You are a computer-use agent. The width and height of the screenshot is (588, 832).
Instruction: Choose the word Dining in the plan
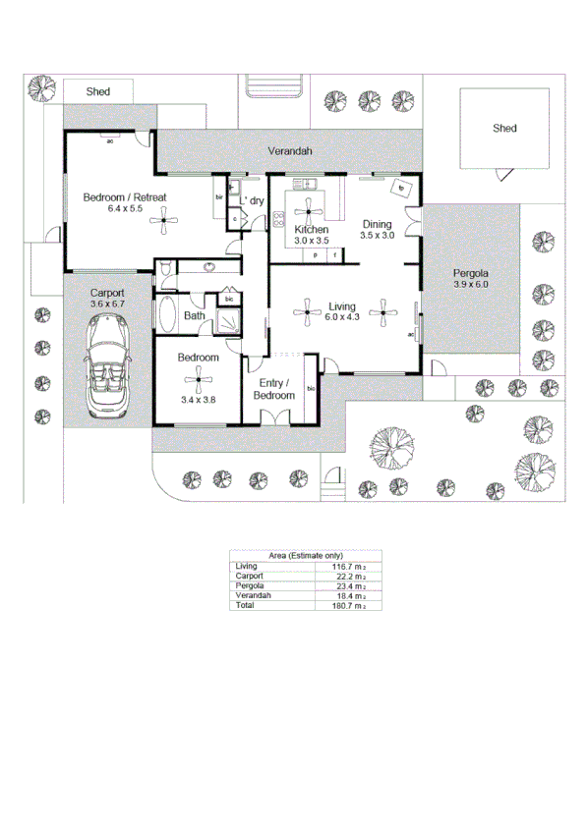pos(377,223)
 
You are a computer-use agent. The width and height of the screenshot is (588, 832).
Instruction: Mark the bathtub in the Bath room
pos(167,317)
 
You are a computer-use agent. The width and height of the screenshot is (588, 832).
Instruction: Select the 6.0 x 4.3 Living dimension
pos(342,316)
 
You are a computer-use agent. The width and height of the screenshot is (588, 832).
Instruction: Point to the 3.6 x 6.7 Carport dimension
pos(107,305)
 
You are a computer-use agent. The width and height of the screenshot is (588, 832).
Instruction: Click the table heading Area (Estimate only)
pos(305,556)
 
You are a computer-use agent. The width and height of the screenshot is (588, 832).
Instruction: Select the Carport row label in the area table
pos(250,577)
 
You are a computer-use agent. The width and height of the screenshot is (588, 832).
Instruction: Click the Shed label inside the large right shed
pos(504,129)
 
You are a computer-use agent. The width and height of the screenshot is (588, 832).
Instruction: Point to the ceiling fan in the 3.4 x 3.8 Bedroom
pos(198,379)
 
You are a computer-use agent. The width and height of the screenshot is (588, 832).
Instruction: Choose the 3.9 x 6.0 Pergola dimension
pos(471,285)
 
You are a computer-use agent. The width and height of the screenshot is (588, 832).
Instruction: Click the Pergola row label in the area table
pos(250,586)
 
